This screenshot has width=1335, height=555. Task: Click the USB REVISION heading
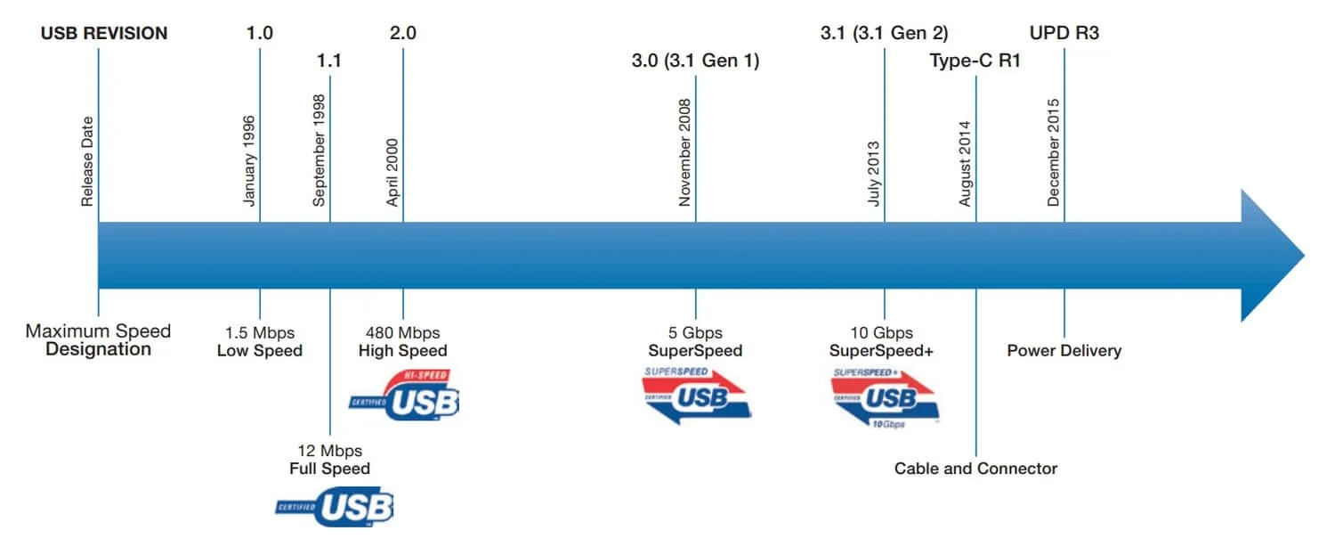104,34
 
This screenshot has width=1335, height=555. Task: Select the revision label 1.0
260,34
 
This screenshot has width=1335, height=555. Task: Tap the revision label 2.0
403,34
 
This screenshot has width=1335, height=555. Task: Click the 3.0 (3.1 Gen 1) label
695,61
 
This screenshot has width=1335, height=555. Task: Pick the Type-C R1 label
975,61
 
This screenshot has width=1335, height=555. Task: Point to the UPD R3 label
1064,34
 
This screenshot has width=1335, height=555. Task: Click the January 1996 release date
250,160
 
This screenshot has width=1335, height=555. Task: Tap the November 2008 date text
684,152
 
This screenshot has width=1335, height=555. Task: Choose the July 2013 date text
874,174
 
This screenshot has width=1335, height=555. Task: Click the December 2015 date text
1054,152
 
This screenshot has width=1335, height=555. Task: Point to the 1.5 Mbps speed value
260,333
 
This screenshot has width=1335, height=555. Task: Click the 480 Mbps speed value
403,333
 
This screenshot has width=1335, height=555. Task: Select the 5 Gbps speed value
695,333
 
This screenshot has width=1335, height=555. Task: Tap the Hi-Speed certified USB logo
407,395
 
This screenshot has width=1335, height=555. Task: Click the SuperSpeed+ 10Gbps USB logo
884,396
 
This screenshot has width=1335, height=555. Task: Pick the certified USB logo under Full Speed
335,508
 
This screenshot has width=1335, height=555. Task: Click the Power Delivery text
1064,351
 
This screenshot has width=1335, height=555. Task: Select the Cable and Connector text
975,469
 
